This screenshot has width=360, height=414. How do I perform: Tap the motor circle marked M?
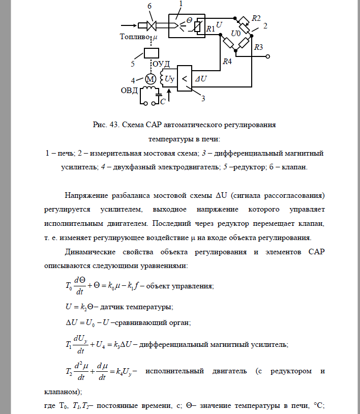click(x=149, y=80)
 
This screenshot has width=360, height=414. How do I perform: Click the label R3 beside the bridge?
click(x=258, y=47)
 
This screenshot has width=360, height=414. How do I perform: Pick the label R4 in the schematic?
click(x=227, y=62)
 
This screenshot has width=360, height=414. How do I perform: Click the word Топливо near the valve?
click(x=135, y=37)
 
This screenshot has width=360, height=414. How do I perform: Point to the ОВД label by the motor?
click(x=129, y=91)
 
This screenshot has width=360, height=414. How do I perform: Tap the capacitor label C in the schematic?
click(x=162, y=102)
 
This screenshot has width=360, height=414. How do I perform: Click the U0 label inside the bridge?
click(x=236, y=33)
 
